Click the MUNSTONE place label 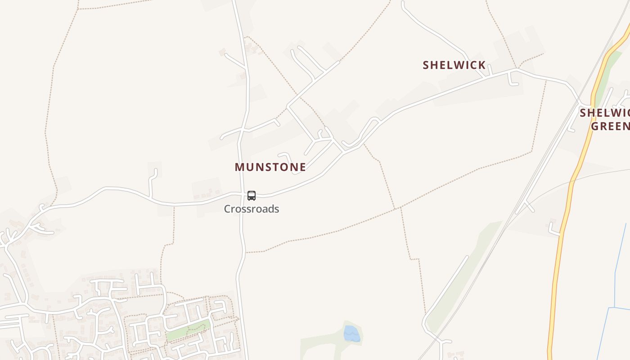click(x=270, y=167)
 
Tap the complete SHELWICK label click(x=454, y=65)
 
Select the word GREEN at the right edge click(x=610, y=126)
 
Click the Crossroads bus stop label click(x=252, y=209)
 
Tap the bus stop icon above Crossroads click(x=252, y=196)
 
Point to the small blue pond click(x=351, y=334)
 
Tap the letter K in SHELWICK click(x=482, y=65)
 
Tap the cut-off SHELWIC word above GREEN click(x=604, y=112)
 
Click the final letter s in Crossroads click(x=276, y=209)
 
